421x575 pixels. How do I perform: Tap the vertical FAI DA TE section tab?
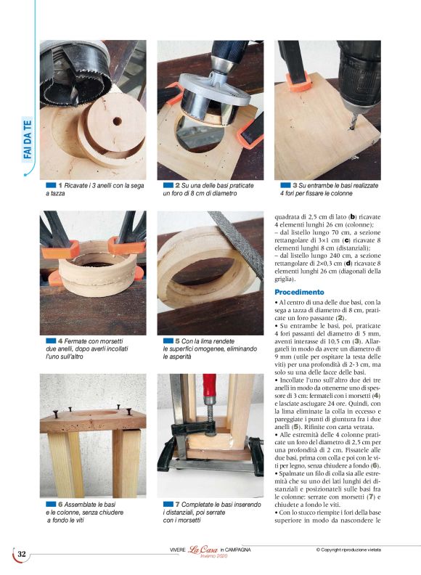tap(28, 141)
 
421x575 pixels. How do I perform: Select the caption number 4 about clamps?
tap(60, 340)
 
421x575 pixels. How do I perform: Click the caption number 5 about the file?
tap(177, 340)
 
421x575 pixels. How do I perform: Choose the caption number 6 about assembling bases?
tap(60, 504)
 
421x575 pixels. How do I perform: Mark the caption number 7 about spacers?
tap(177, 504)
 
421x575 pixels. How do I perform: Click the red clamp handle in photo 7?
tap(209, 390)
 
